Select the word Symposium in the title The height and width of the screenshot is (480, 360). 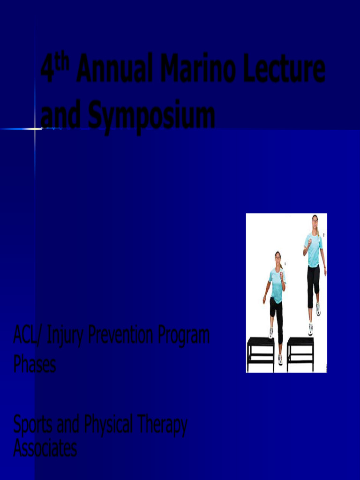(x=151, y=116)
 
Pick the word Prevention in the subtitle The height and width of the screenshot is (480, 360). (x=121, y=336)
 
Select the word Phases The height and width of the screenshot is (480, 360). (x=35, y=364)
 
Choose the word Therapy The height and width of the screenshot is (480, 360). (x=162, y=426)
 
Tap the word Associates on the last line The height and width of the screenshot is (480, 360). (x=45, y=449)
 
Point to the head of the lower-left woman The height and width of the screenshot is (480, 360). (x=277, y=257)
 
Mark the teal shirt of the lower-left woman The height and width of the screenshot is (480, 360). (x=277, y=284)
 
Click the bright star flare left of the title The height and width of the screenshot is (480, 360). (x=35, y=128)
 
